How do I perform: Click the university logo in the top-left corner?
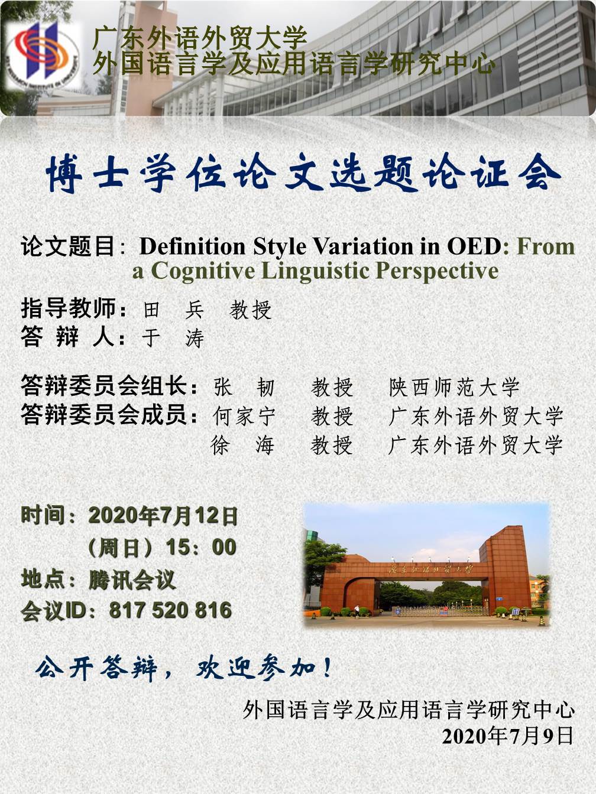tap(43, 55)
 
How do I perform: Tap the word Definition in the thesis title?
tap(192, 247)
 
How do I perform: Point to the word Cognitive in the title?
tap(203, 271)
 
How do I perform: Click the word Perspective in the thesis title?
tap(436, 271)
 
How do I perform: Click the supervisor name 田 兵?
tap(174, 310)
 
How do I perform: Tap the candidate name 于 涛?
tap(173, 339)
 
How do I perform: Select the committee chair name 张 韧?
tap(244, 388)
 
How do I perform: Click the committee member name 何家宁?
tap(244, 416)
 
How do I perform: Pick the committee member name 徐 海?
tap(242, 445)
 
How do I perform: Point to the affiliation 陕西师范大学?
tap(454, 388)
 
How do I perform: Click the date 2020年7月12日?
tap(163, 516)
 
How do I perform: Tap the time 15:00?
tap(201, 547)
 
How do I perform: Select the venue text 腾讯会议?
tap(132, 580)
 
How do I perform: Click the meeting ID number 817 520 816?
tap(170, 611)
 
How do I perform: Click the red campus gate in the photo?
tap(427, 576)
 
